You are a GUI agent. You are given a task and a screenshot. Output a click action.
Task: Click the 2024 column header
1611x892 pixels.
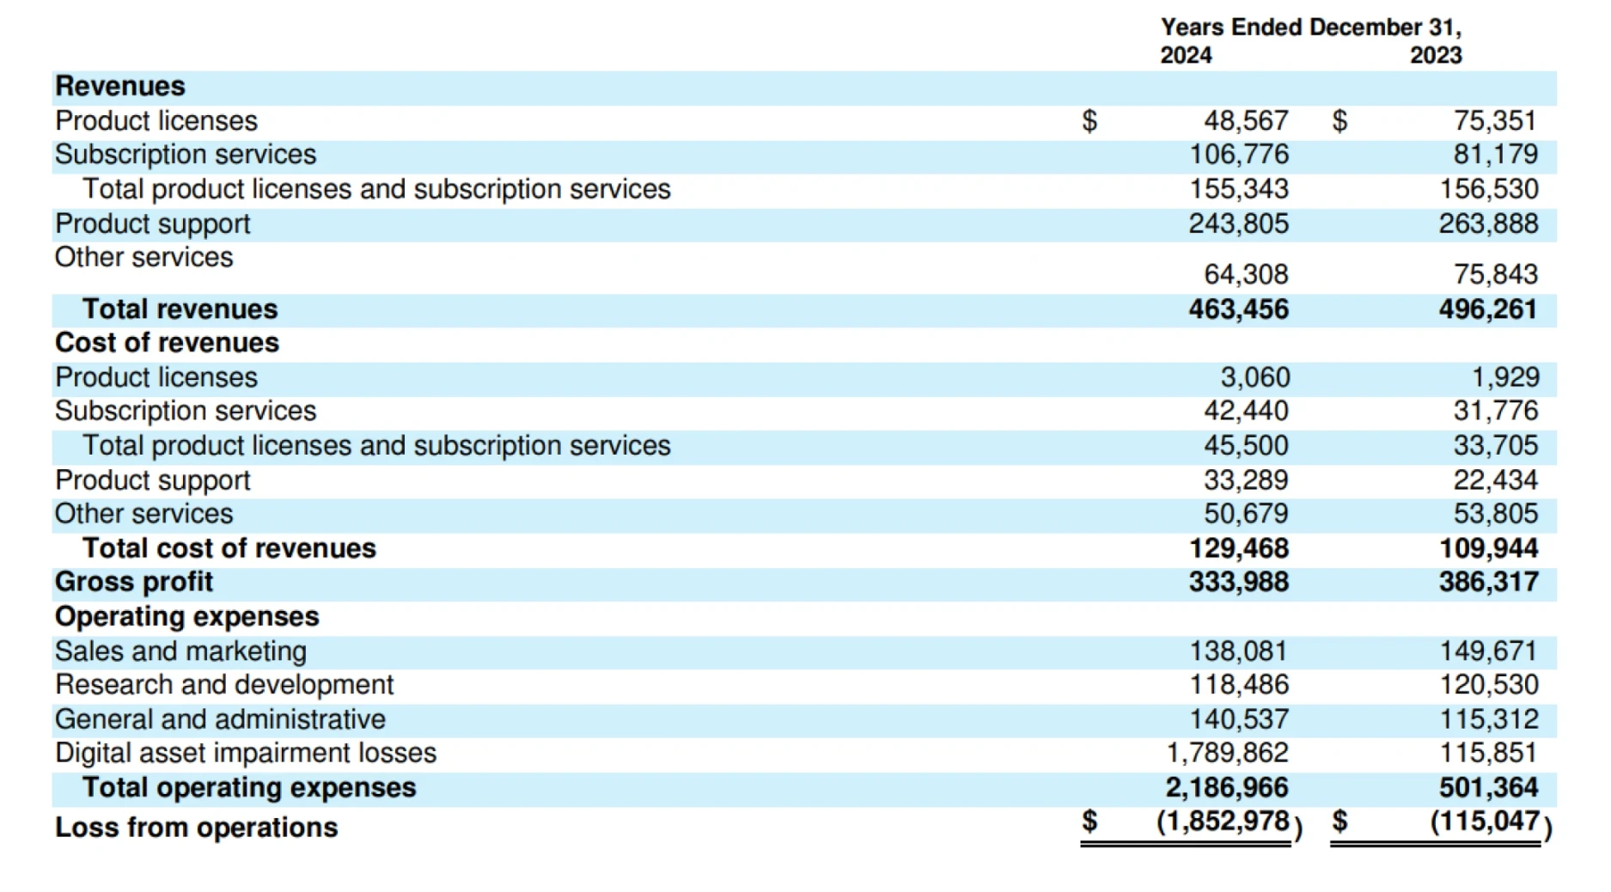tap(1186, 55)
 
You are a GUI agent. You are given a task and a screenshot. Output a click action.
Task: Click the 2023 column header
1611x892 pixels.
tap(1436, 55)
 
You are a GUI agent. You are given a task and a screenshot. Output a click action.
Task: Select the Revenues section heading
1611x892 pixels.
tap(120, 86)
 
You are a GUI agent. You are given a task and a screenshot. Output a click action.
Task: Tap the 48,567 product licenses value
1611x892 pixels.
tap(1245, 120)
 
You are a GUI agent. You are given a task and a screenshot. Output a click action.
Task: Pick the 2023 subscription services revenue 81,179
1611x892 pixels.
tap(1495, 155)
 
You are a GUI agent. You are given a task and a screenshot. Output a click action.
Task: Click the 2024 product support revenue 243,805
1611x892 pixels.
tap(1238, 223)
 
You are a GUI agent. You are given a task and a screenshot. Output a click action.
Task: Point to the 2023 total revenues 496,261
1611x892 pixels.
tap(1488, 309)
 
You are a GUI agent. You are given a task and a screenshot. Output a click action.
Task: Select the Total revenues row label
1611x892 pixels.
tap(180, 309)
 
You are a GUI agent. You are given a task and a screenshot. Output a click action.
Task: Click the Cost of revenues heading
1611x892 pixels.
tap(167, 343)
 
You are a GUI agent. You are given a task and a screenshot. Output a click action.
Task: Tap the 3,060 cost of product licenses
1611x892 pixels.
tap(1254, 377)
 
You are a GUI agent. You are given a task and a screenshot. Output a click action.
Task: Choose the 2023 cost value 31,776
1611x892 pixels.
tap(1495, 411)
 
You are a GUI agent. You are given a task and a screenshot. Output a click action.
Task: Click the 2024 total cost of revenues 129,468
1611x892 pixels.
tap(1238, 548)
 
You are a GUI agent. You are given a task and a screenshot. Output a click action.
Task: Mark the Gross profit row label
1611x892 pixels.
tap(134, 582)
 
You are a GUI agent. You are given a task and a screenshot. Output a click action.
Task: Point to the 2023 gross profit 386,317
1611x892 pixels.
tap(1488, 582)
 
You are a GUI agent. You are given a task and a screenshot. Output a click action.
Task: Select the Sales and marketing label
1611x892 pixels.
tap(180, 651)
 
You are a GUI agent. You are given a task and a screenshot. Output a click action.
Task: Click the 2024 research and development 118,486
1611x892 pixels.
tap(1238, 685)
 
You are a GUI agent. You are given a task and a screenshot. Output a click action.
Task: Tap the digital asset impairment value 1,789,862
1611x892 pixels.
tap(1227, 753)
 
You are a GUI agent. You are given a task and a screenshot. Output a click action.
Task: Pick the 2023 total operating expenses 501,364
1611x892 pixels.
tap(1488, 787)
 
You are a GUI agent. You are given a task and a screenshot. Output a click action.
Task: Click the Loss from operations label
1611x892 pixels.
tap(197, 828)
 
